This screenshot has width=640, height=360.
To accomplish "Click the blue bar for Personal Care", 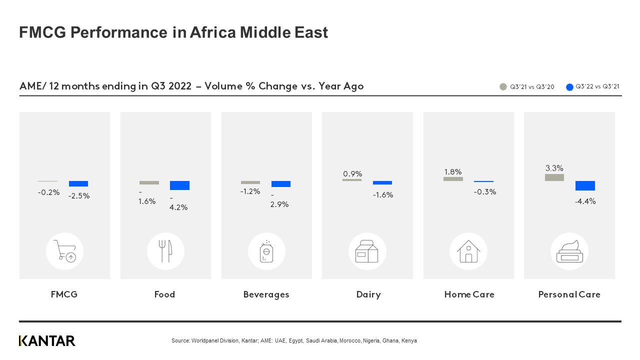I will (585, 185).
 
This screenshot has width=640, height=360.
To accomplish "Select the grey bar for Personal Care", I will (554, 177).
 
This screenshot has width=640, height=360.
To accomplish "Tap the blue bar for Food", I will (179, 185).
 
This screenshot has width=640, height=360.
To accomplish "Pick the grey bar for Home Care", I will (453, 178).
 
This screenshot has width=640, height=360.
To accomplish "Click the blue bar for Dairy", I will (382, 183).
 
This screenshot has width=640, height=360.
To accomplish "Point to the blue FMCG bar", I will (78, 183).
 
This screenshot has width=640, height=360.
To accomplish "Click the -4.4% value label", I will (585, 201).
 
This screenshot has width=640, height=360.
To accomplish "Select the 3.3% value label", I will (554, 168).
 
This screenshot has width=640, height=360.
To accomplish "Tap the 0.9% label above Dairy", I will (352, 174).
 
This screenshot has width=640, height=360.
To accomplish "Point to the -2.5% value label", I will (79, 196).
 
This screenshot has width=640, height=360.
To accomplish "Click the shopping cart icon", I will (65, 251).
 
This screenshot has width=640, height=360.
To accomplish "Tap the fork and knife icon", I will (165, 251).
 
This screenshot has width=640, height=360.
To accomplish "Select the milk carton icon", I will (367, 251).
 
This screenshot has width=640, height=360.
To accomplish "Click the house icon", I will (468, 251).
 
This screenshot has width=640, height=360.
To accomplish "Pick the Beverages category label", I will (266, 294).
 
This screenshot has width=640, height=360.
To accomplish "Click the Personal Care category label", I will (569, 294).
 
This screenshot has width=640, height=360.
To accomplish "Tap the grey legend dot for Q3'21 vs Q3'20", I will (503, 87).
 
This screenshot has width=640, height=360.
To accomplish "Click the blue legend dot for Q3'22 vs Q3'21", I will (569, 87).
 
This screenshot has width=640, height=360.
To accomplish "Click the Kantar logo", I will (47, 341).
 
